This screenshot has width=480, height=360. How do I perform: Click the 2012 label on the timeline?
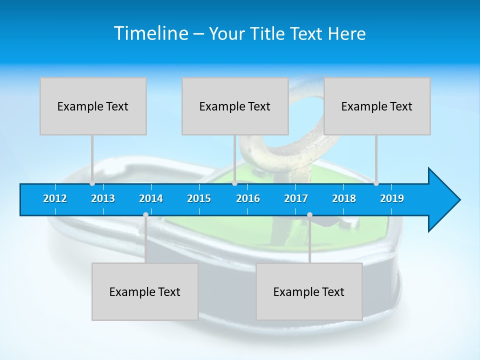click(55, 198)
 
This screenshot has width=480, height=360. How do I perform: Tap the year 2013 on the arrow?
click(103, 198)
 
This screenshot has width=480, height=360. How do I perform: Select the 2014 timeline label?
click(151, 198)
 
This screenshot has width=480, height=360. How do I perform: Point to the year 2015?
click(199, 198)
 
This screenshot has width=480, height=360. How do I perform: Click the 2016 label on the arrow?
click(248, 198)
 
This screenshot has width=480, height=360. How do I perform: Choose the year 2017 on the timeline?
click(296, 198)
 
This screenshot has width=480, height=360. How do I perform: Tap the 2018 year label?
click(344, 198)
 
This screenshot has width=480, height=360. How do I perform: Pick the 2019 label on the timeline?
click(392, 198)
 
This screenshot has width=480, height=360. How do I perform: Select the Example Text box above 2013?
click(93, 106)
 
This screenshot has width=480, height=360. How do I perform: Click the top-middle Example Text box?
click(235, 106)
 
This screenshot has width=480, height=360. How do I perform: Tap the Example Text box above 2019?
click(377, 106)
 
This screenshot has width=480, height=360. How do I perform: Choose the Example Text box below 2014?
click(145, 291)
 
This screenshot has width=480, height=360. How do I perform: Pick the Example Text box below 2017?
click(309, 291)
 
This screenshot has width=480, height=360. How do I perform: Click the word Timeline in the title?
click(150, 33)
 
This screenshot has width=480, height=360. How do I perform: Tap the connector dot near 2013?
click(92, 183)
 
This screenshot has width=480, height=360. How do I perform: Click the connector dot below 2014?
click(145, 214)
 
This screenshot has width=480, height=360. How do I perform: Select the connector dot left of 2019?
click(376, 183)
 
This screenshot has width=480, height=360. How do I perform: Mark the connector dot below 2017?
click(309, 214)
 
